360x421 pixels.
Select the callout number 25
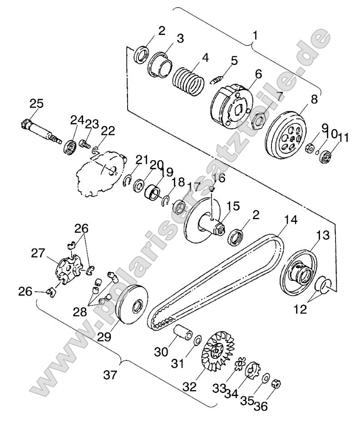[37, 103]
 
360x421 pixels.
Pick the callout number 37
[110, 375]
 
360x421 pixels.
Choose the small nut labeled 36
[275, 384]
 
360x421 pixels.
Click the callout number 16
[220, 177]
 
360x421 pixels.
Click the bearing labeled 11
[325, 157]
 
